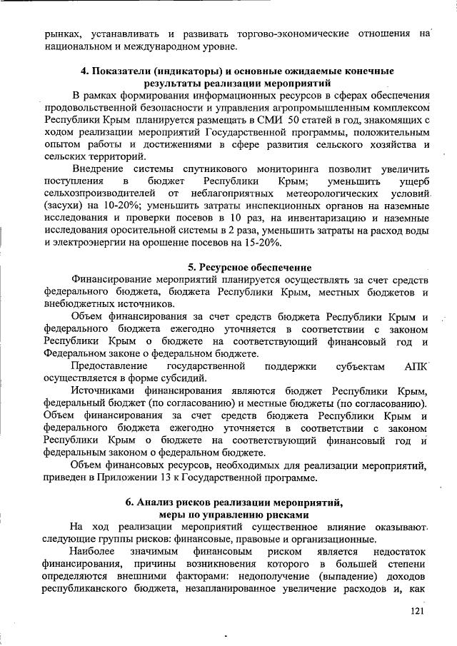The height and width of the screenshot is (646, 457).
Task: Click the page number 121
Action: (418, 611)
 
